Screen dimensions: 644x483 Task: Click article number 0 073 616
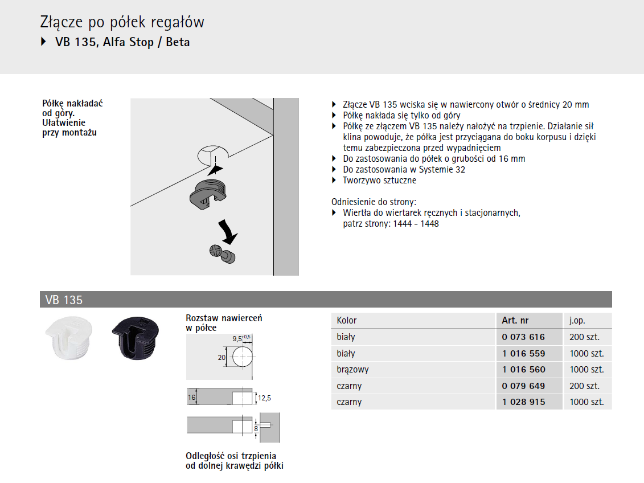[523, 337]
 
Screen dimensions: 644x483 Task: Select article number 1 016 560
[524, 370]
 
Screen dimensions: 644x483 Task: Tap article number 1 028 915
[524, 402]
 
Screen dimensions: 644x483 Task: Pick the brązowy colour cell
[353, 370]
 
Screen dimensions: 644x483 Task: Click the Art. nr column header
[515, 320]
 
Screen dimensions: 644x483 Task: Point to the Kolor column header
[347, 320]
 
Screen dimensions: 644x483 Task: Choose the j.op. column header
[577, 321]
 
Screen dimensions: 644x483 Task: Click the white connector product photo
[69, 338]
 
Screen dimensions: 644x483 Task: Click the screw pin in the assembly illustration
[223, 254]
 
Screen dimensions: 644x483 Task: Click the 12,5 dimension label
[264, 398]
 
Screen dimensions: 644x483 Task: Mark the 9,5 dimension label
[237, 339]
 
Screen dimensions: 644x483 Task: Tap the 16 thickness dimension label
[191, 398]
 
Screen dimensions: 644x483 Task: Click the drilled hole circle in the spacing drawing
[243, 357]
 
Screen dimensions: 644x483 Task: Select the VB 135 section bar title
[64, 300]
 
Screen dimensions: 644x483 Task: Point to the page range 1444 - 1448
[416, 224]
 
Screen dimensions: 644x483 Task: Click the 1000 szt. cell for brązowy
[587, 370]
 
